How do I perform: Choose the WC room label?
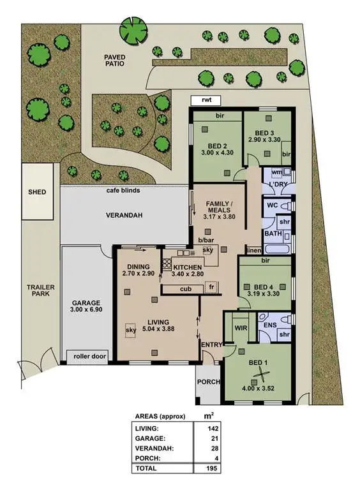[271, 206]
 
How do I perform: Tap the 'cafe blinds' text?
[123, 190]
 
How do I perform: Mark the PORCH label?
[208, 382]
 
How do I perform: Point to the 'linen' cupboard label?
[253, 250]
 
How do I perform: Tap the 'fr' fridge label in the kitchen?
[212, 288]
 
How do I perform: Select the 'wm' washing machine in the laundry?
[276, 172]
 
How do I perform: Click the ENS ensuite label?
[270, 325]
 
